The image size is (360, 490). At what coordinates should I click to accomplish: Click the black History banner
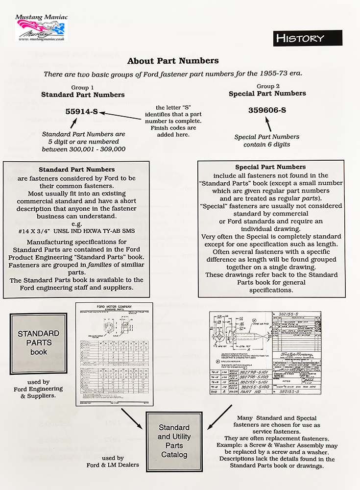click(x=307, y=38)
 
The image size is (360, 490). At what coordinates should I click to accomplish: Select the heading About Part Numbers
click(x=173, y=61)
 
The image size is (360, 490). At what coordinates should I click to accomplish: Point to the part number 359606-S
click(x=267, y=110)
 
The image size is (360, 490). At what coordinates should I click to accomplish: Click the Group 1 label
click(x=83, y=87)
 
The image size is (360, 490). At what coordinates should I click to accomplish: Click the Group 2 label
click(x=267, y=86)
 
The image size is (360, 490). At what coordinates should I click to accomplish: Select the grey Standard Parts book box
click(x=39, y=343)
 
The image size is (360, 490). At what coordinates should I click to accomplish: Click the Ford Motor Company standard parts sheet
click(x=114, y=353)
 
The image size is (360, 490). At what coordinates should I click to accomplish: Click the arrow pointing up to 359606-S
click(x=266, y=127)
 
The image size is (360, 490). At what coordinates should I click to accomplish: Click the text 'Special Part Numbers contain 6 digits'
click(x=267, y=141)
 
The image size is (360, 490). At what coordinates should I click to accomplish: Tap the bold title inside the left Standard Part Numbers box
click(x=77, y=170)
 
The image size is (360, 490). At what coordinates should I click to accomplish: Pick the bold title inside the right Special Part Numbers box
click(x=271, y=167)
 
